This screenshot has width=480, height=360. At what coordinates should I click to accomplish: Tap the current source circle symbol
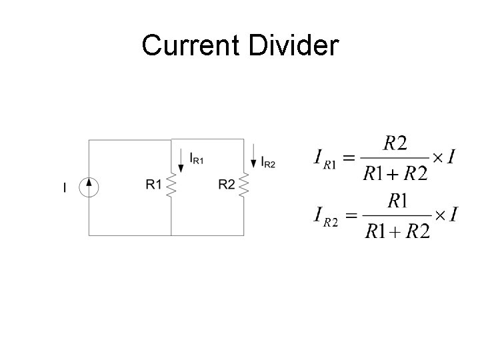pos(89,187)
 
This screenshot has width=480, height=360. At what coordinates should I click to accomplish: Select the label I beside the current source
pos(65,189)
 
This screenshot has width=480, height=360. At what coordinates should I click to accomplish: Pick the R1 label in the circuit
pos(154,185)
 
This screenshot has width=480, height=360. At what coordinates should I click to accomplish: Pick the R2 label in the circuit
pos(227,185)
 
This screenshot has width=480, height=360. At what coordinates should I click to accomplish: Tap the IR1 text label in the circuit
pos(197,159)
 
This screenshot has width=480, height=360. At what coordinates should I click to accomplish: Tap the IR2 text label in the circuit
pos(268,161)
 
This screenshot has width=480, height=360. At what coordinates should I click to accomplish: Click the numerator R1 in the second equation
pos(399,199)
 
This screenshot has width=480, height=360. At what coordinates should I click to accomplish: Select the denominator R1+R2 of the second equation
pos(397,231)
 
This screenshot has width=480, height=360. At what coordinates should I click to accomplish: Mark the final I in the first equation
pos(452,157)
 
